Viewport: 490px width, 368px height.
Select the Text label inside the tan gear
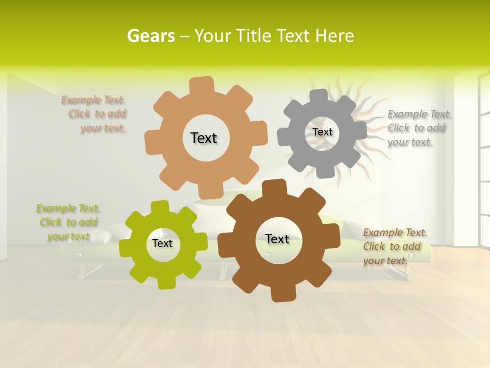[x=204, y=138]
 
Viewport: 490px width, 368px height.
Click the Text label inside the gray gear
[x=322, y=132]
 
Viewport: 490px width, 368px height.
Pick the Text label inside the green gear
[x=162, y=243]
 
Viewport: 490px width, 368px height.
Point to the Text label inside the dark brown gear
[x=277, y=239]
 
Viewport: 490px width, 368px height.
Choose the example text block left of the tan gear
[x=94, y=114]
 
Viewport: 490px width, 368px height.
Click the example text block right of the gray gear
[x=419, y=128]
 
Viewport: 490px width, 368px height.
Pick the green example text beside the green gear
[x=68, y=222]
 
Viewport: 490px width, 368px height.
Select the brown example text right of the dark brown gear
[x=395, y=246]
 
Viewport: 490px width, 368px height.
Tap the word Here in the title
[x=334, y=36]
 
